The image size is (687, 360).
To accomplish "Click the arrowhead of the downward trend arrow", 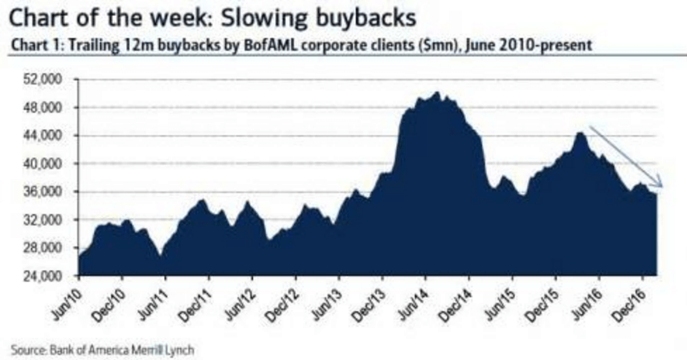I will (x=660, y=187).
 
